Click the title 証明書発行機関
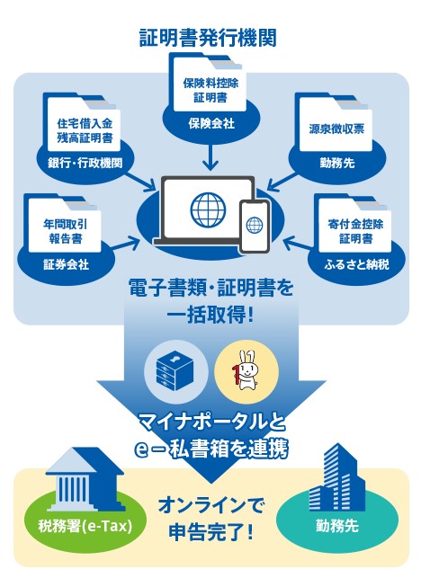tap(208, 38)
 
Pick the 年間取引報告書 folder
tap(62, 223)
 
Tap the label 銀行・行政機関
tap(85, 163)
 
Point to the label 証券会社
tap(66, 264)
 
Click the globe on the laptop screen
tap(208, 209)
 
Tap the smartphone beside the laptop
tap(255, 226)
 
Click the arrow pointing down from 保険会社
tap(210, 156)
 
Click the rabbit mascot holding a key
tap(246, 370)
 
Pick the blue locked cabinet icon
tap(175, 371)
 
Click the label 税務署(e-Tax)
tap(85, 526)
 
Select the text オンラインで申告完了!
tap(211, 519)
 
